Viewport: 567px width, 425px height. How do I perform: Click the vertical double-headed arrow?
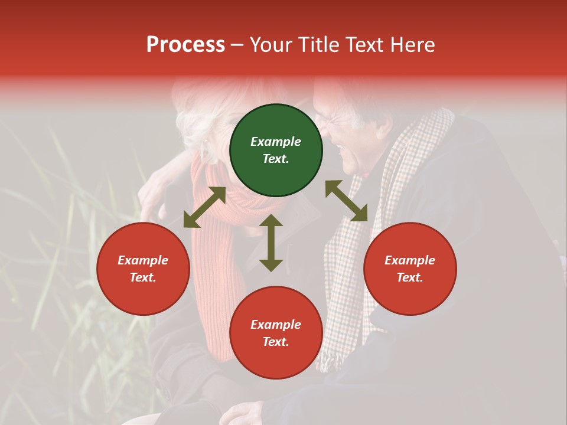pos(271,243)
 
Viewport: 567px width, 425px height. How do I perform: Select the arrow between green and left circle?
pos(204,207)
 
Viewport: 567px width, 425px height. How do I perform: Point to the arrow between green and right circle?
pos(346,201)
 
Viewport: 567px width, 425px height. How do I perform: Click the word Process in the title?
pos(185,45)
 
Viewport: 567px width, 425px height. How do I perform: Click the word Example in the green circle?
pos(276,142)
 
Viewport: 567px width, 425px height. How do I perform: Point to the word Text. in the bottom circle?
pos(276,342)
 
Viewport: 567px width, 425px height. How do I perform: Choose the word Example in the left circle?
pos(143,260)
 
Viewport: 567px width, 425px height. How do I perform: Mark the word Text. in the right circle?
pos(410,277)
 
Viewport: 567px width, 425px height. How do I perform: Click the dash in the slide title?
pos(237,45)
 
